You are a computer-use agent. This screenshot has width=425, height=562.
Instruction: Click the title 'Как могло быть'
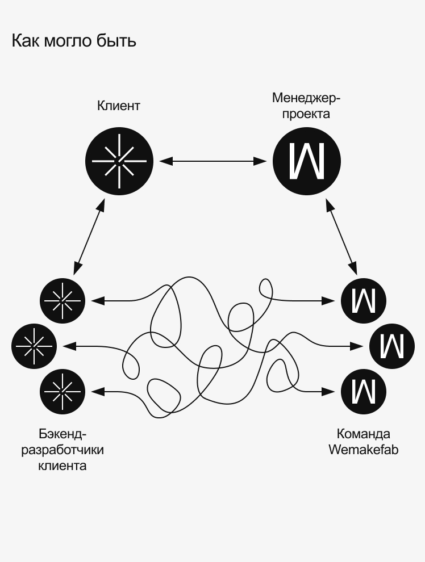point(74,41)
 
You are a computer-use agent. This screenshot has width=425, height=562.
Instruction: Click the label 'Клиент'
point(119,106)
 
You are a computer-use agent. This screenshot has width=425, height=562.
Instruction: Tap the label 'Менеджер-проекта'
point(306,106)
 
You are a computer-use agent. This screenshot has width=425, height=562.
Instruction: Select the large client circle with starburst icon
point(119,161)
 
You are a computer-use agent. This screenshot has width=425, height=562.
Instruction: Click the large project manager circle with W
point(307,161)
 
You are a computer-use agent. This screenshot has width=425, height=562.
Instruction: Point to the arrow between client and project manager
point(213,161)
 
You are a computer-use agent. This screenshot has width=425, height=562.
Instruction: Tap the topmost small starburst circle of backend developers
point(63,300)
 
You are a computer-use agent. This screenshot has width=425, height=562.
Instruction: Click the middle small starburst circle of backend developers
point(34,345)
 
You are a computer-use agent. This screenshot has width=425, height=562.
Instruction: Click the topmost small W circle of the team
point(364,300)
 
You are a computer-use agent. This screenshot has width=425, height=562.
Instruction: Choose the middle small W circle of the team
point(392,345)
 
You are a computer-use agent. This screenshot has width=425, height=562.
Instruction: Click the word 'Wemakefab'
point(364,450)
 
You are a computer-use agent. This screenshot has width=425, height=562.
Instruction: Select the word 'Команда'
point(364,434)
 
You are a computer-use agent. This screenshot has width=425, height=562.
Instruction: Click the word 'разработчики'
point(63,450)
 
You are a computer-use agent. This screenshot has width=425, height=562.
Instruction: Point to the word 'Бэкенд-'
point(63,434)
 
